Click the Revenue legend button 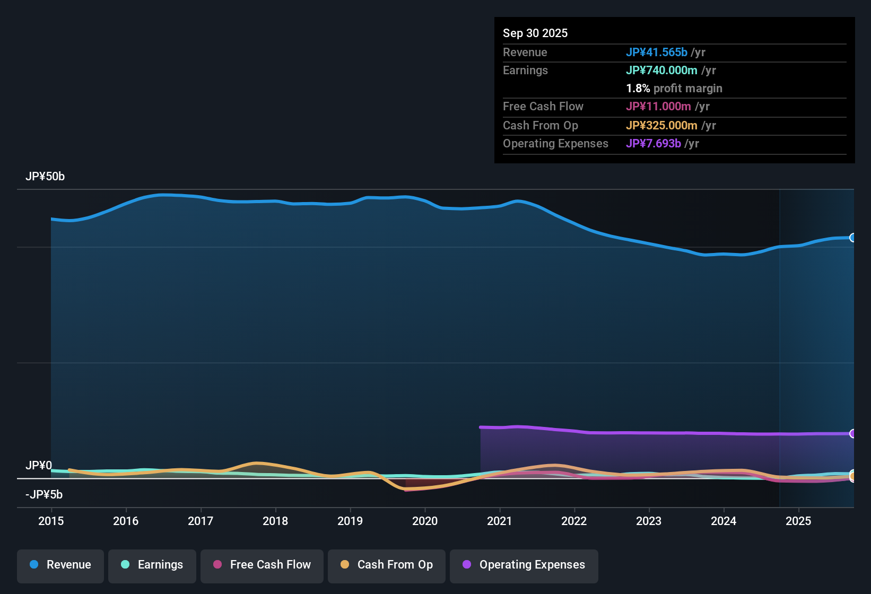point(60,565)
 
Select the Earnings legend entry point(152,565)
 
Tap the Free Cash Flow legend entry point(262,565)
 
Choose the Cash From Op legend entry point(387,565)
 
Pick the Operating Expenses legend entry point(524,565)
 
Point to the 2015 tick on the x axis point(51,521)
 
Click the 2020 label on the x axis point(425,521)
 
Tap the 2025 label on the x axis point(798,521)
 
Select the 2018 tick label point(275,521)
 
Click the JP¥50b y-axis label point(45,177)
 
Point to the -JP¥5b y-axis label point(44,495)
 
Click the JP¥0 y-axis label point(39,466)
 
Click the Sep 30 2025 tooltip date point(535,33)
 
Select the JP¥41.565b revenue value point(657,52)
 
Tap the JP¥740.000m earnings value point(661,70)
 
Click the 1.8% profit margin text point(674,88)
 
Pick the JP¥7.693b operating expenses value point(654,143)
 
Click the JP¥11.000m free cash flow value point(658,106)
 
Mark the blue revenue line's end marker point(853,238)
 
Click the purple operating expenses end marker point(853,433)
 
